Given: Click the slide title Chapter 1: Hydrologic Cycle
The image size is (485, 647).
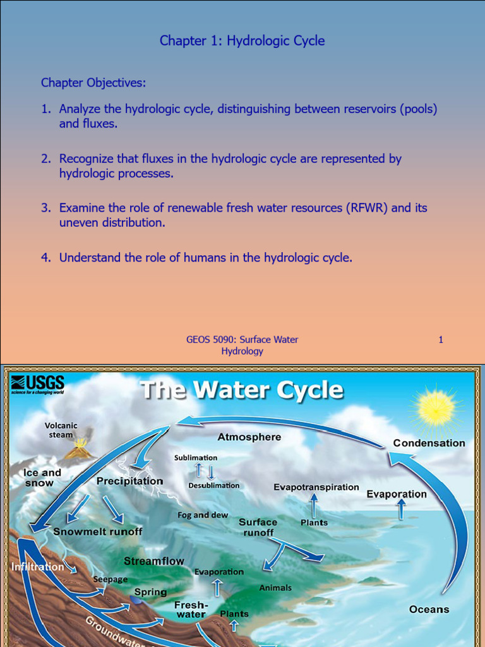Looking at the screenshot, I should pos(242,41).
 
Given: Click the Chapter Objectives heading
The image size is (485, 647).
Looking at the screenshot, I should pos(93,83).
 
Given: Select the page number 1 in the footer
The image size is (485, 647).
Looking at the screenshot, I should pos(441,340).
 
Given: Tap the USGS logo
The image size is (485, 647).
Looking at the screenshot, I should pos(37,384).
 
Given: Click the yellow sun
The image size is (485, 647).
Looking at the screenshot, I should pos(435,407).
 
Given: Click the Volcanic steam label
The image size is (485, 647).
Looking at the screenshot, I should pos(61,430).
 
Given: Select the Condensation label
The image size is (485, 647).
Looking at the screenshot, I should pos(429,443).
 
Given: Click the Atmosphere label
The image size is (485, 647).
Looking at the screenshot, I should pos(249,437).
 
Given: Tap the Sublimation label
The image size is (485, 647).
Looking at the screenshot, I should pos(196,457).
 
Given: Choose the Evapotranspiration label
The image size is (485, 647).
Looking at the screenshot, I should pos(316,487).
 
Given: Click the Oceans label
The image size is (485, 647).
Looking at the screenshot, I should pos(429,609).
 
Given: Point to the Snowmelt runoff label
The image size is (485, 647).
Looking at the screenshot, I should pos(98,531).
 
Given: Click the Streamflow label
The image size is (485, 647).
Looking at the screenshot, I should pos(154,561).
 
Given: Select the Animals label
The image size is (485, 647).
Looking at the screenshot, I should pos(275,588).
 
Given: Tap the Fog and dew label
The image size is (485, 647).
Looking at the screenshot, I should pos(203,515).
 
